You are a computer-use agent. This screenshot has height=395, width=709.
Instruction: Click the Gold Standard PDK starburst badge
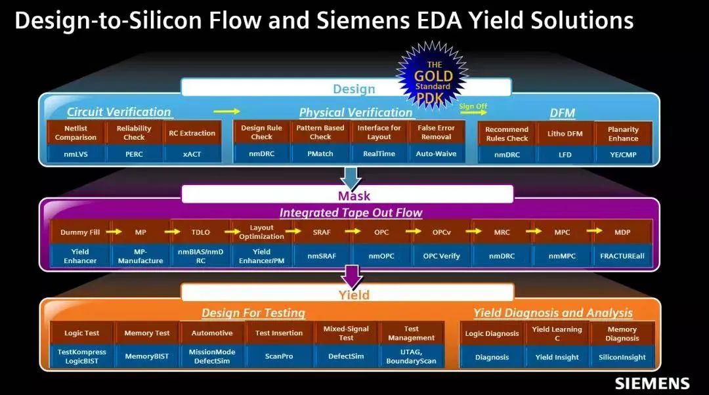(x=433, y=75)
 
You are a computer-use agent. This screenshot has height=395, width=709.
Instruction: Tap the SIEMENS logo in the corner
(x=652, y=383)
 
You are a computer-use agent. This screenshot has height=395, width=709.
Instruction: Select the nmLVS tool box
(x=75, y=154)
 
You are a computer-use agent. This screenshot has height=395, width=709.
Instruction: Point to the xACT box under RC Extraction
(x=192, y=154)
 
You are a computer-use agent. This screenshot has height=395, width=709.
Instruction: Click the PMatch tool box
(x=320, y=154)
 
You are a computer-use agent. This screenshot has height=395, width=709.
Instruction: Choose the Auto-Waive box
(x=437, y=154)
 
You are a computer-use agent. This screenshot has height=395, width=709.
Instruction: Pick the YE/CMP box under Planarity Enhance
(x=623, y=155)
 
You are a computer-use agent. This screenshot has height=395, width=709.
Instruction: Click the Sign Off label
(x=473, y=106)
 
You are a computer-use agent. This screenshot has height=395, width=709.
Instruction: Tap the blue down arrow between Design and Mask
(x=351, y=178)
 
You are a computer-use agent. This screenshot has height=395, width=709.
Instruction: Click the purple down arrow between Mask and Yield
(x=353, y=277)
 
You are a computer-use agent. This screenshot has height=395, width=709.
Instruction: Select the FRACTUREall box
(x=622, y=256)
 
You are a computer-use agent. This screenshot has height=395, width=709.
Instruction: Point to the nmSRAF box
(x=322, y=256)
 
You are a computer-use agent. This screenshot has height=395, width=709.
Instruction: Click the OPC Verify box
(x=441, y=256)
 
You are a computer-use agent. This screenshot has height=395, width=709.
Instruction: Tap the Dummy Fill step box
(x=80, y=232)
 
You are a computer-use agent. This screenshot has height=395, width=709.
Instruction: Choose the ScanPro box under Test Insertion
(x=279, y=356)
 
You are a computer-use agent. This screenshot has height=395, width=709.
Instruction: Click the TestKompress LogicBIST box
(x=82, y=356)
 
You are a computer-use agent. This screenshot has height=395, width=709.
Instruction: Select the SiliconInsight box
(x=622, y=357)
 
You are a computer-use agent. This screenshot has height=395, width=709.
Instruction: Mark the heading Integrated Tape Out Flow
(x=351, y=213)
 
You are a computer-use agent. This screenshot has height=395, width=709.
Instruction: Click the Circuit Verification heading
(x=119, y=112)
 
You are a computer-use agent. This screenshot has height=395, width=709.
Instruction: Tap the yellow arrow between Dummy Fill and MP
(x=114, y=232)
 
